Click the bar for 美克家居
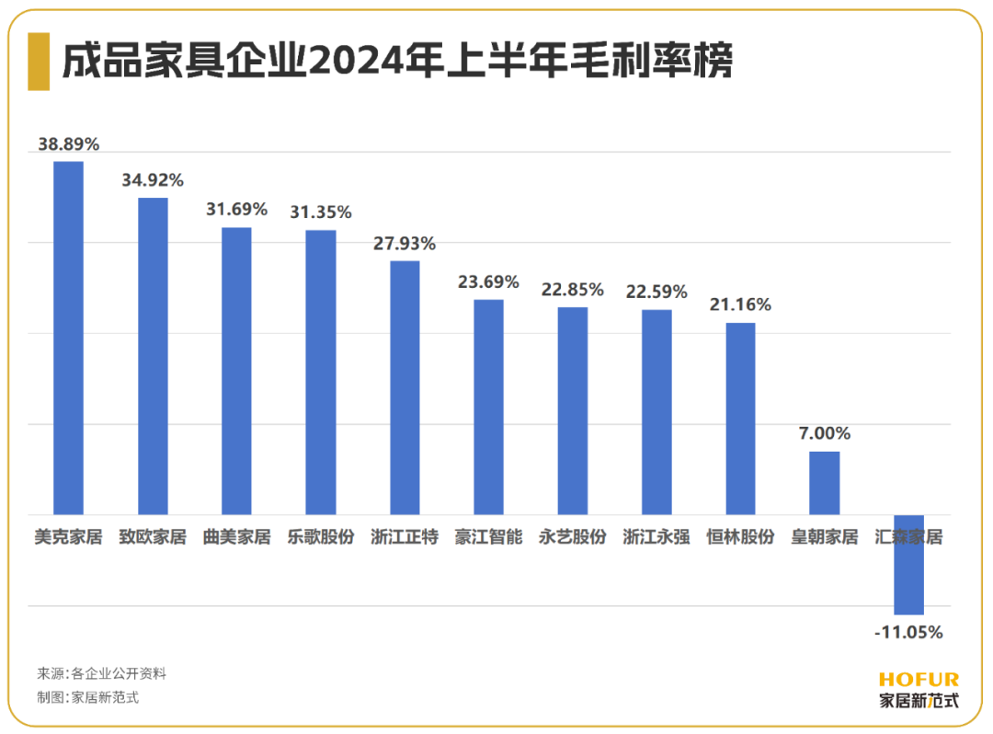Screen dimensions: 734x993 [x=68, y=338]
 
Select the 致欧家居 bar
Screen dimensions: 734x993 [x=153, y=356]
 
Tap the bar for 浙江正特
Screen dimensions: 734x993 [x=405, y=387]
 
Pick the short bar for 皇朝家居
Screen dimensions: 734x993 [x=824, y=483]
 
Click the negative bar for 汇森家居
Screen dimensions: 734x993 [x=908, y=564]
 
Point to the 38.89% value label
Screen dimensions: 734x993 [x=68, y=144]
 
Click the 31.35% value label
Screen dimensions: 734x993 [x=321, y=212]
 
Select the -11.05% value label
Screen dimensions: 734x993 [x=908, y=633]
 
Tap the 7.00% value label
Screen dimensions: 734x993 [x=825, y=433]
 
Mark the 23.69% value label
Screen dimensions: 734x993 [x=488, y=282]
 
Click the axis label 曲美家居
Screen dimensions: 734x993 [x=236, y=537]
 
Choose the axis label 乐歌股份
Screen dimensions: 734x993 [x=320, y=537]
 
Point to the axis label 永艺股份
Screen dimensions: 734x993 [x=572, y=537]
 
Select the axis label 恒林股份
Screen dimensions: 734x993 [x=740, y=537]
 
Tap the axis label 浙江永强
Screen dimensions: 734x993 [x=656, y=537]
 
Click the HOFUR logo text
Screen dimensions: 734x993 [x=919, y=680]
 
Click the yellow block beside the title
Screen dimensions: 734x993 [x=39, y=62]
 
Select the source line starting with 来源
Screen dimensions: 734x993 [x=101, y=673]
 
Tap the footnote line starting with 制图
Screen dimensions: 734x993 [x=87, y=697]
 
